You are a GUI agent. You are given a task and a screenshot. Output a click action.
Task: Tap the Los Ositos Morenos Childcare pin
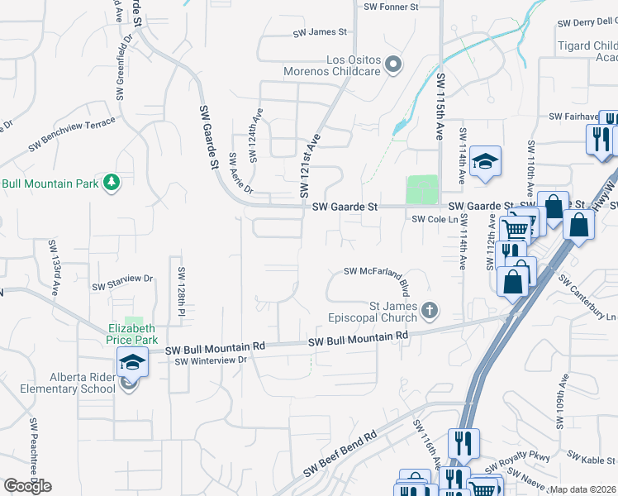coord(394,64)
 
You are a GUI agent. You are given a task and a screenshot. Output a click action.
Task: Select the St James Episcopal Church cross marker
coord(428,311)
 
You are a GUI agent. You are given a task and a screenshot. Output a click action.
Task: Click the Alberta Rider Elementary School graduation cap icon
coord(131,362)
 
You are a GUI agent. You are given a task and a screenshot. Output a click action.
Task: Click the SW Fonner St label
coord(392,7)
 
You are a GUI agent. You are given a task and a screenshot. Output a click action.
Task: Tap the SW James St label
coord(320,32)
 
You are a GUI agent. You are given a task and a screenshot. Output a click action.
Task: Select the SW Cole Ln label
coord(435,220)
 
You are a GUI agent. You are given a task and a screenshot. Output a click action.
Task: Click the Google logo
coord(27,486)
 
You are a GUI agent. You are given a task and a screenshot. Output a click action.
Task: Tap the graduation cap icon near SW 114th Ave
coord(486,161)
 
